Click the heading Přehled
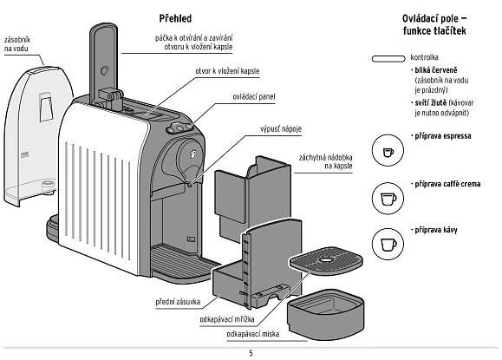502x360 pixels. coord(175,18)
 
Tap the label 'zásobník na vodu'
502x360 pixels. coord(17,44)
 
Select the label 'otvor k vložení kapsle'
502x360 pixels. coord(227,71)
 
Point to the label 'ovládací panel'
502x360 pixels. coord(253,97)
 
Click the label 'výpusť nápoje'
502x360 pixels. coord(281,129)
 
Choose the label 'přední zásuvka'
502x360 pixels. coord(178,302)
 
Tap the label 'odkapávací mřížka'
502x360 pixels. coord(227,319)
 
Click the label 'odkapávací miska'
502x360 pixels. coord(253,334)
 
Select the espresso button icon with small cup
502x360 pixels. coord(388,150)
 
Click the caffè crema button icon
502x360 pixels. coord(388,199)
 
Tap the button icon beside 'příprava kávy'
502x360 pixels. coord(388,244)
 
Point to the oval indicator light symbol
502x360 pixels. coord(388,59)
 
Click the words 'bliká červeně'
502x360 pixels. coord(436,70)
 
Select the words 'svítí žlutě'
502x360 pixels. coord(431,103)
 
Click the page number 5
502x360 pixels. coord(251,353)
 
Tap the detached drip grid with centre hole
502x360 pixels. coord(326,261)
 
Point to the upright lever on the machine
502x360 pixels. coord(104,64)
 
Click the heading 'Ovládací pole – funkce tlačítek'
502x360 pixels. coord(434,24)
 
